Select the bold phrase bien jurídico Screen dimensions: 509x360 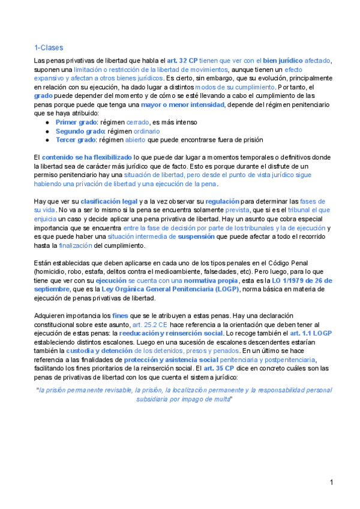click(x=283, y=61)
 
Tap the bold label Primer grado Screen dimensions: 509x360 click(x=76, y=122)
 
